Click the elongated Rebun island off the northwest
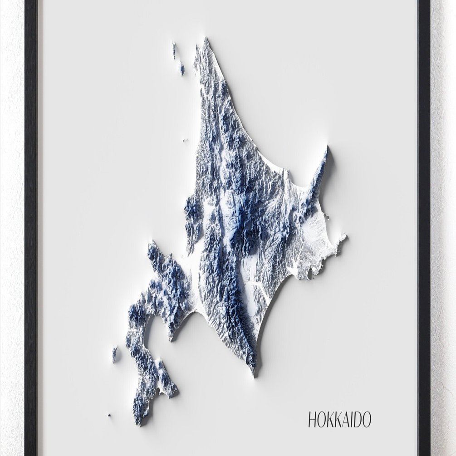click(174, 50)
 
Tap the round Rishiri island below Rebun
click(181, 69)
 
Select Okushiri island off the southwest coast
click(114, 354)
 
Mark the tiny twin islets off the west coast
click(185, 140)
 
